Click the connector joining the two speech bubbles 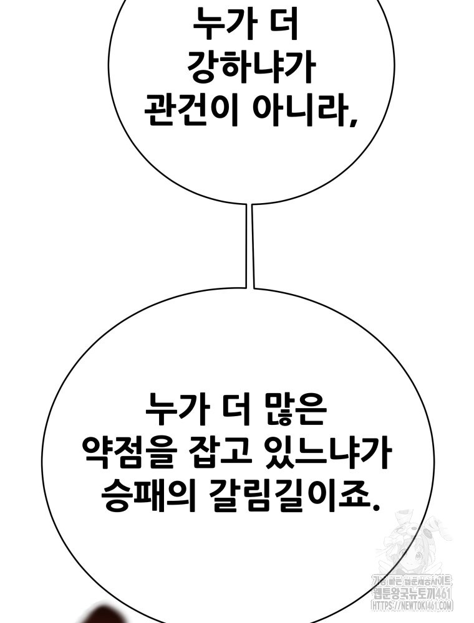pos(251,246)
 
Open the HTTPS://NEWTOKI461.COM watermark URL pos(412,604)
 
